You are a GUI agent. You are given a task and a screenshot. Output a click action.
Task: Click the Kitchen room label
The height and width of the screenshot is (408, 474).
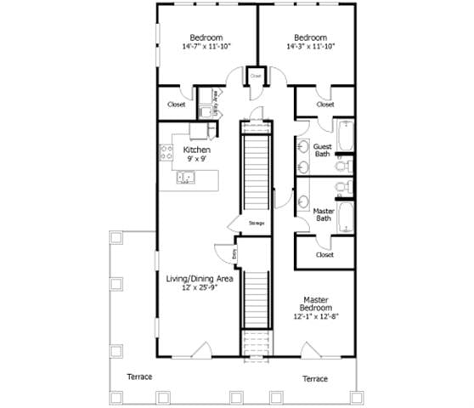[196, 150]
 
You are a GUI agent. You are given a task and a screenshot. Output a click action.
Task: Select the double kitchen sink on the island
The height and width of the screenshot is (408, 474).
[185, 178]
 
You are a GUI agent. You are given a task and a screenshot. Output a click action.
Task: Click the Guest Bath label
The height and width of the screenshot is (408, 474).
[322, 150]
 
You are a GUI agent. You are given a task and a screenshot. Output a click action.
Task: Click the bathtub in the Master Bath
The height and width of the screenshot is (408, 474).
[345, 216]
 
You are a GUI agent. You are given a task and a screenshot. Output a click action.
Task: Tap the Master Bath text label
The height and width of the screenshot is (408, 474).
[323, 214]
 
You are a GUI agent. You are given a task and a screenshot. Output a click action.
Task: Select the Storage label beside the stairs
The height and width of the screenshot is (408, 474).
[257, 223]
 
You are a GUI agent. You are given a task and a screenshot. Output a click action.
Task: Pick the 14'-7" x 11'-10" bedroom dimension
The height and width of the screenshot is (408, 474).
[206, 47]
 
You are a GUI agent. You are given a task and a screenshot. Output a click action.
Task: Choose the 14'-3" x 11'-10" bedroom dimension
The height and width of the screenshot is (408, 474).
[310, 47]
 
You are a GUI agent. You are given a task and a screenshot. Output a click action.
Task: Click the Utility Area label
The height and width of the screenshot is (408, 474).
[217, 99]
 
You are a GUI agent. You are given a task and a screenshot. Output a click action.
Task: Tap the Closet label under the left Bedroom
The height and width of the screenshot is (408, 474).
[177, 105]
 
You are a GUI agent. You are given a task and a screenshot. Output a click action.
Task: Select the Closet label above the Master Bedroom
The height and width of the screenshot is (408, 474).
[324, 254]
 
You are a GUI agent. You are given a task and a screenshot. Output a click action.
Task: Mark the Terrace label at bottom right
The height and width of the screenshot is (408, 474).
[314, 378]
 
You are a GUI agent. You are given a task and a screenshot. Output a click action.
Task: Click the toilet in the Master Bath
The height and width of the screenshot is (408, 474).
[340, 188]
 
